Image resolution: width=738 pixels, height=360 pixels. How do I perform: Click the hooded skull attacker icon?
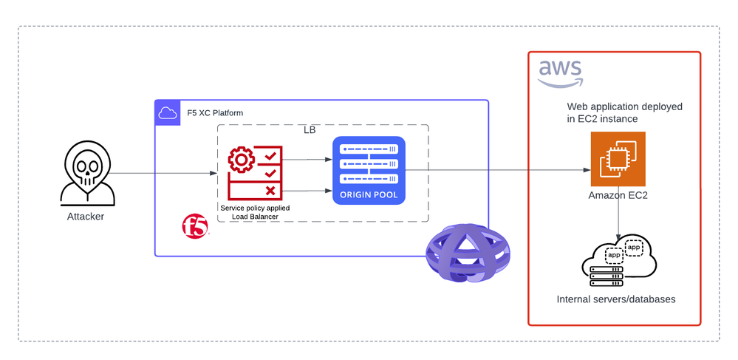87,174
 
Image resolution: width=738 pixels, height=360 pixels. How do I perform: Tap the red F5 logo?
195,226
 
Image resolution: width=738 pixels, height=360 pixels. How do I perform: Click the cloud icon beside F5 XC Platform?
167,112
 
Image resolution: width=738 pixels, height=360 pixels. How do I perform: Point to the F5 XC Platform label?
215,113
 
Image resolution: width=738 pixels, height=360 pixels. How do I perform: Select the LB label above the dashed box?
311,130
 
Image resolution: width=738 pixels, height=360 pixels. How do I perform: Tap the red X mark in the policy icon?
270,191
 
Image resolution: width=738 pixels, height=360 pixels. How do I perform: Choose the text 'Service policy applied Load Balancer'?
255,213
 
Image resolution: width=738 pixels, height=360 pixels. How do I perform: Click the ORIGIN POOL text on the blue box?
369,196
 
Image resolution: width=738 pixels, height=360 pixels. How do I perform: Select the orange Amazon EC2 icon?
618,159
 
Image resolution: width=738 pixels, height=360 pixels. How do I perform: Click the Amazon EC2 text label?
618,196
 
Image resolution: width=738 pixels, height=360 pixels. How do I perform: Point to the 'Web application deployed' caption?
624,107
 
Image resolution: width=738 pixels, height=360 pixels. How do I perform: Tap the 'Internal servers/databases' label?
616,299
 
